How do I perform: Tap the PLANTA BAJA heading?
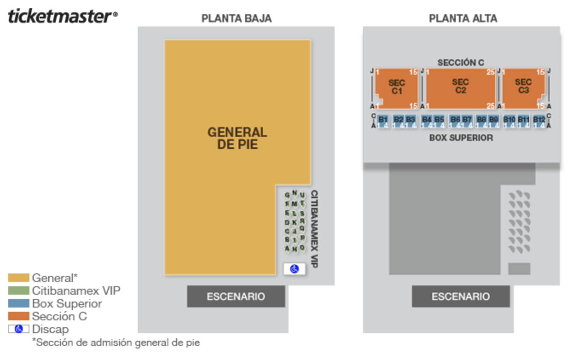tap(236, 18)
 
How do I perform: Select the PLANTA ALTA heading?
tap(463, 18)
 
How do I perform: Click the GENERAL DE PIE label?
tap(237, 138)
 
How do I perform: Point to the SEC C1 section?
tap(397, 87)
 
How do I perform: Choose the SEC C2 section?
tap(460, 86)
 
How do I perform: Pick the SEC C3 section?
tap(523, 86)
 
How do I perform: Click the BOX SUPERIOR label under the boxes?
tap(461, 138)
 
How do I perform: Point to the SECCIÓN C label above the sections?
tap(460, 63)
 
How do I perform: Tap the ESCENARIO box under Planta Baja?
tap(236, 296)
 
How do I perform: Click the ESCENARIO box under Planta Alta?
tap(460, 296)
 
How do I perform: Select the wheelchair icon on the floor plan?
tap(295, 269)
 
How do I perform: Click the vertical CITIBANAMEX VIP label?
tap(315, 229)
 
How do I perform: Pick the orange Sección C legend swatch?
tap(18, 316)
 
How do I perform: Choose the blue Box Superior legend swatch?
tap(18, 303)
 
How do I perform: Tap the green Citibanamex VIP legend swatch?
tap(18, 290)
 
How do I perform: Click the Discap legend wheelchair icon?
tap(18, 329)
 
